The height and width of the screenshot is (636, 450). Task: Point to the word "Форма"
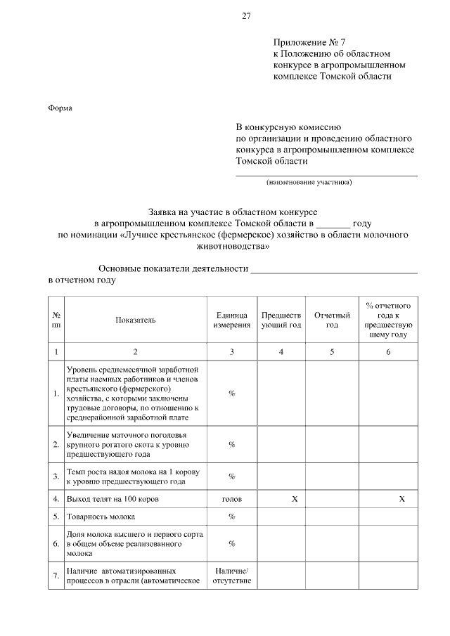tap(60, 108)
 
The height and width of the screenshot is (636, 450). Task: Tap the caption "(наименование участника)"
tap(309, 183)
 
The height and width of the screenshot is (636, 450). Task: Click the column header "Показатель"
tap(136, 320)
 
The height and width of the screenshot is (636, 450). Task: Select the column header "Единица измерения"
tap(231, 320)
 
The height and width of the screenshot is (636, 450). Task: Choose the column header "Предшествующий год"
tap(281, 320)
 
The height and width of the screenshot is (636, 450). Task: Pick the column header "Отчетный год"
tap(332, 320)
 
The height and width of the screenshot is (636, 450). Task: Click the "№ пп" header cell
tap(56, 320)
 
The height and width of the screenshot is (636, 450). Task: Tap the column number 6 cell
tap(387, 351)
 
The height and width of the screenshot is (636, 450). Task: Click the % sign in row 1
tap(231, 393)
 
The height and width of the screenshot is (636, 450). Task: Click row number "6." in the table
tap(56, 543)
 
